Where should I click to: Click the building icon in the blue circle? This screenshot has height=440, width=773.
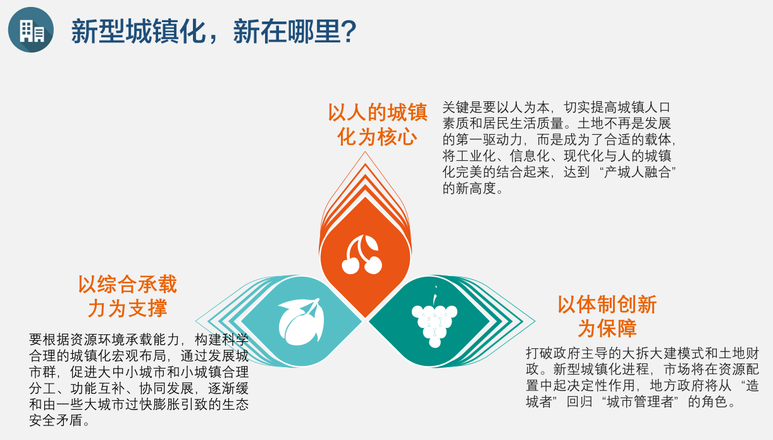(32, 30)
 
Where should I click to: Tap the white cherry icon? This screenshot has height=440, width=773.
(362, 255)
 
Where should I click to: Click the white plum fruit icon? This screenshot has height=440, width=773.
(301, 322)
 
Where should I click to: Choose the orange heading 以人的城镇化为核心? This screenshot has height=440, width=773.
(378, 124)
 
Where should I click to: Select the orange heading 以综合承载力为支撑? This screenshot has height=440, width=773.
(127, 296)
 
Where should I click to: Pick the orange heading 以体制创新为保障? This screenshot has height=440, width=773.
(607, 317)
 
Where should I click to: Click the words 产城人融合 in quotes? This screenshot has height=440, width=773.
(637, 172)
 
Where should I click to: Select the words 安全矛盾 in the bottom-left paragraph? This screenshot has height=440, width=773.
(56, 420)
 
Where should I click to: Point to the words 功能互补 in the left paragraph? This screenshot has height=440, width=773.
(97, 388)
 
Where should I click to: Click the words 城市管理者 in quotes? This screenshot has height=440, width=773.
(640, 401)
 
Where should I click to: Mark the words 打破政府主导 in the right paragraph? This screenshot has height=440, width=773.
(567, 353)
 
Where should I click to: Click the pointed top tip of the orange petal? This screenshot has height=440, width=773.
(365, 152)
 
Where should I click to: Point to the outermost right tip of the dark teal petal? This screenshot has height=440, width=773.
(535, 321)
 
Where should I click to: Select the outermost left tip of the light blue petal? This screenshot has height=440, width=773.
(195, 321)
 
